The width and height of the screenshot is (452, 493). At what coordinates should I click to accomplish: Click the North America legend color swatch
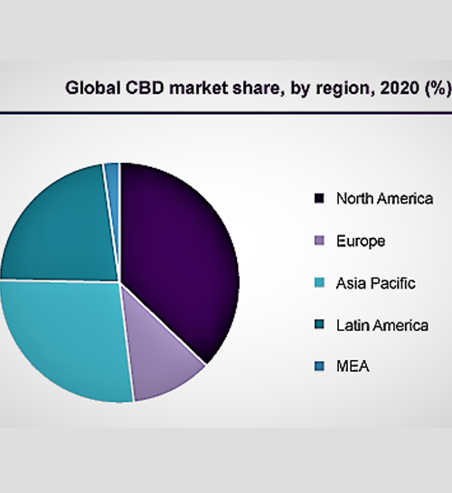point(319,198)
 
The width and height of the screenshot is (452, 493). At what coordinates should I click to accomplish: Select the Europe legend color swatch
point(319,241)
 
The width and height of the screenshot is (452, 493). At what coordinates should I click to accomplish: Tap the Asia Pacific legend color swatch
point(319,282)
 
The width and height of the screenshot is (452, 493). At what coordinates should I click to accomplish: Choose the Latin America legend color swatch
point(319,325)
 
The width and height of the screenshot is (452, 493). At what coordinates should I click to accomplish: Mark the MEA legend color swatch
point(319,366)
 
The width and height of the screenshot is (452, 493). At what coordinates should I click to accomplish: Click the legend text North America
point(385,199)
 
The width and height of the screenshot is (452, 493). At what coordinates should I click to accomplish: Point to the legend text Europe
point(361,242)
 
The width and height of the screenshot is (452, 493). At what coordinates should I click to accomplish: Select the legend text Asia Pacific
point(376,283)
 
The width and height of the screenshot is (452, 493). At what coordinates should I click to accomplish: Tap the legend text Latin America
point(382,325)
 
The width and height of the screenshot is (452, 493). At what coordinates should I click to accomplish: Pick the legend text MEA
point(353,366)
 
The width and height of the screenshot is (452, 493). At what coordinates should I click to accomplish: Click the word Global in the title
point(93,88)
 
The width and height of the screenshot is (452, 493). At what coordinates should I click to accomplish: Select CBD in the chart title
point(145,88)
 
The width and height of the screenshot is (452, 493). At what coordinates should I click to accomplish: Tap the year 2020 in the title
point(400,89)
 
